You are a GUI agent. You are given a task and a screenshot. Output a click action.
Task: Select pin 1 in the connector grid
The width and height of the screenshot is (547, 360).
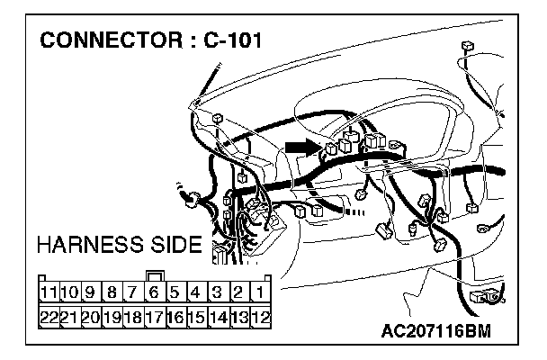click(x=258, y=292)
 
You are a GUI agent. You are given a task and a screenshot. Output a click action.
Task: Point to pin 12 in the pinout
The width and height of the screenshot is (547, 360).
click(x=258, y=316)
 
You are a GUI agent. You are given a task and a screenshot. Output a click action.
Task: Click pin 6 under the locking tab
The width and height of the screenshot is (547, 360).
click(x=154, y=292)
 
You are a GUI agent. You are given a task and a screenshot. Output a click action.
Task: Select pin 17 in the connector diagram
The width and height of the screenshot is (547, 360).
click(x=154, y=316)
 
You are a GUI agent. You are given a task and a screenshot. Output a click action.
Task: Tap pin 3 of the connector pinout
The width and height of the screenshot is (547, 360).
click(x=217, y=292)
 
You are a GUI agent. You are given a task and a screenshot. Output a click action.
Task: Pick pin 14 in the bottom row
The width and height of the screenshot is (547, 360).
click(x=217, y=316)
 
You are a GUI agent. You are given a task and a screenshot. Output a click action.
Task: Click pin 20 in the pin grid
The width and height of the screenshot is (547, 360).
click(x=90, y=316)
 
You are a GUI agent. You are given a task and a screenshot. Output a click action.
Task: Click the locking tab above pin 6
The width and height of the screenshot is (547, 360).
click(x=154, y=275)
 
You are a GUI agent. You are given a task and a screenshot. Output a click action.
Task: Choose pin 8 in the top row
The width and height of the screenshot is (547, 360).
click(x=112, y=292)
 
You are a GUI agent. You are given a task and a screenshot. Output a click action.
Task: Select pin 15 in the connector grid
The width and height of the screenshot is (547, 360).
click(x=196, y=316)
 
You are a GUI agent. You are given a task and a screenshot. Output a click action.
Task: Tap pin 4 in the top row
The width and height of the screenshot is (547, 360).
click(x=196, y=292)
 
